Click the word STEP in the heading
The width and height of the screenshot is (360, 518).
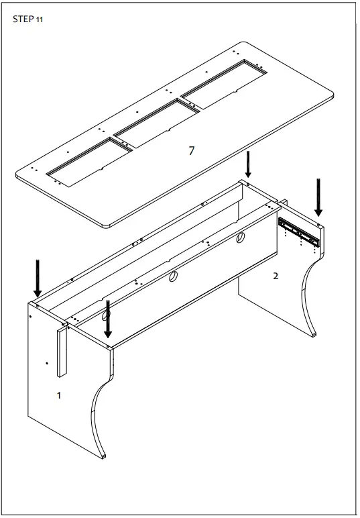point(23,19)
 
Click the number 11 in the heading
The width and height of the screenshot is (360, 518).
point(40,20)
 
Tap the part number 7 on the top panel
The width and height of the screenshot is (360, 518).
point(191,151)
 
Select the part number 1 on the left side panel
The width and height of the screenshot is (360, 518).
point(58,396)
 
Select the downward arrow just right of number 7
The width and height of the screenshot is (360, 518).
point(248,164)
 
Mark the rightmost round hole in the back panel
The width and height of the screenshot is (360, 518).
point(239,237)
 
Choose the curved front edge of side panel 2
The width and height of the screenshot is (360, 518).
point(308,295)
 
